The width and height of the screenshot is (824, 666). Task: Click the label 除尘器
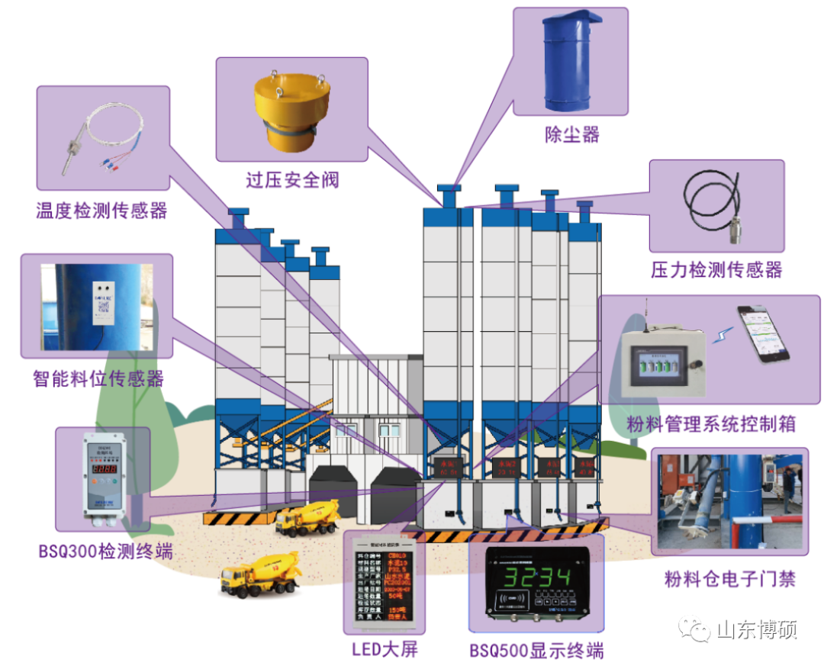(x=571, y=135)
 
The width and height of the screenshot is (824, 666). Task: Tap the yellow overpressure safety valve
(x=293, y=111)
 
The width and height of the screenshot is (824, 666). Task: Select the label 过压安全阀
(x=292, y=180)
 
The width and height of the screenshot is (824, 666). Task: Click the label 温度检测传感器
(x=101, y=210)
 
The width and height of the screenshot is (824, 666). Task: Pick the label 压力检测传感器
(x=716, y=269)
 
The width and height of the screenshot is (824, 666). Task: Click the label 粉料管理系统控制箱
(x=711, y=424)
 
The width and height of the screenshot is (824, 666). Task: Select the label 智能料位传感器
(x=98, y=378)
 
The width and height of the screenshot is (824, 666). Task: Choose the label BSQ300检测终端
(x=105, y=551)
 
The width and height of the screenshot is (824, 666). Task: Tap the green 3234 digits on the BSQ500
(x=536, y=577)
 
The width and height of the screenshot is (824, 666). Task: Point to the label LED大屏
(x=385, y=649)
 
